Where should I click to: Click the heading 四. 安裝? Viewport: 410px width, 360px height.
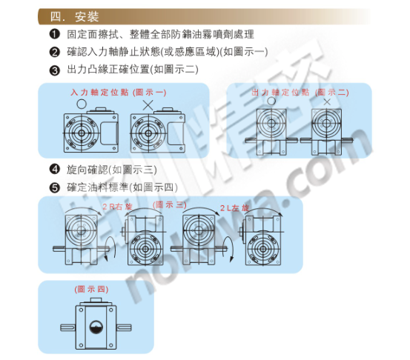pyautogui.click(x=73, y=16)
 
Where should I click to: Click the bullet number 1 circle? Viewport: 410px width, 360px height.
pyautogui.click(x=54, y=35)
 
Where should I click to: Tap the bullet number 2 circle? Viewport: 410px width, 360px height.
pyautogui.click(x=54, y=52)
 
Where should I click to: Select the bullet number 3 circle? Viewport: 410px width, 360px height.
pyautogui.click(x=54, y=70)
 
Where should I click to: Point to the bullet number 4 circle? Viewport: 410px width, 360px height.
pyautogui.click(x=54, y=169)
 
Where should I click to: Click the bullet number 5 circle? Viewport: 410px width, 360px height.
pyautogui.click(x=54, y=187)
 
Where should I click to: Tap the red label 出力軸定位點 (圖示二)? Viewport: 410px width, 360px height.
pyautogui.click(x=300, y=93)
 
